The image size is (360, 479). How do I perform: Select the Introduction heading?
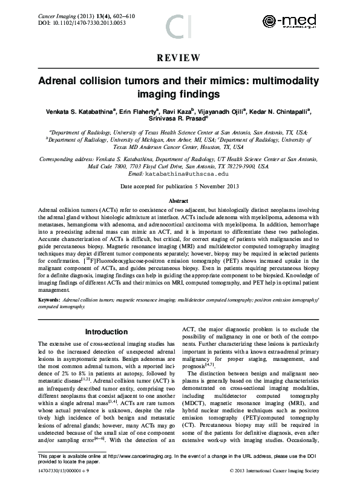click(x=106, y=332)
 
